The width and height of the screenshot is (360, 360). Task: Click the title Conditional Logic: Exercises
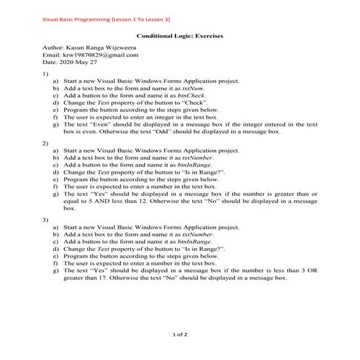coord(180,36)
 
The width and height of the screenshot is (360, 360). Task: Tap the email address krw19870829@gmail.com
coord(99,55)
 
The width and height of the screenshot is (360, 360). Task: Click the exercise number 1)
coord(45,73)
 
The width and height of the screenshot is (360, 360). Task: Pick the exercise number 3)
coord(45,219)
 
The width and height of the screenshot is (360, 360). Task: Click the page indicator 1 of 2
coord(180,335)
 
